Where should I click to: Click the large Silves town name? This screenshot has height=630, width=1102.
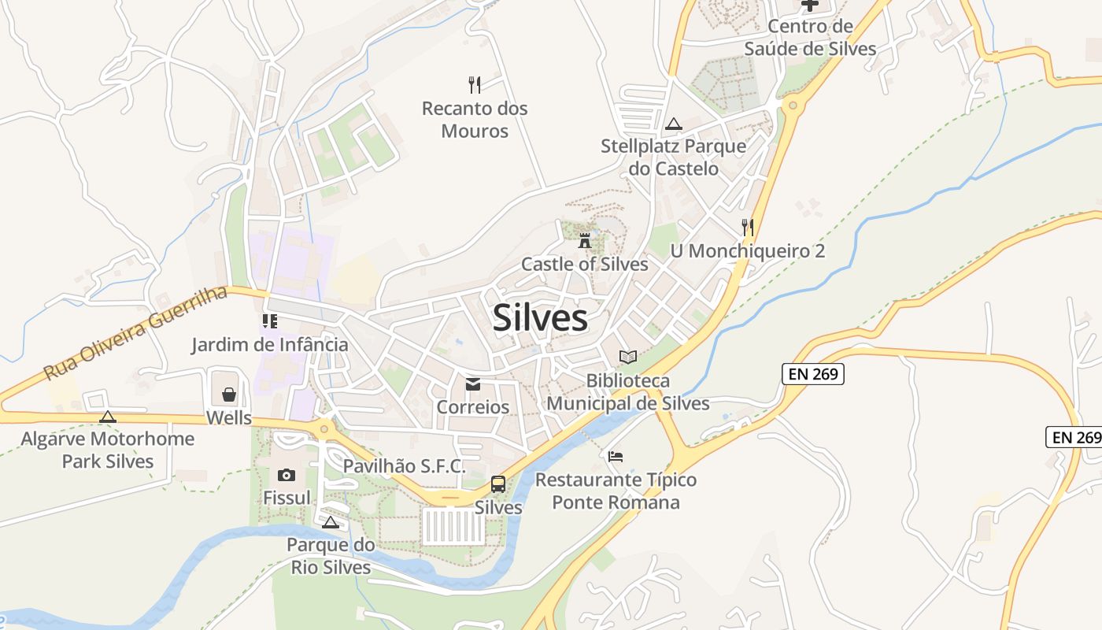(x=540, y=318)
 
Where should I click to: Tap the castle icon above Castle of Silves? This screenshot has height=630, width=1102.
(x=585, y=239)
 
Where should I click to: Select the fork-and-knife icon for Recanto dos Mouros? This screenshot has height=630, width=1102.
(x=475, y=84)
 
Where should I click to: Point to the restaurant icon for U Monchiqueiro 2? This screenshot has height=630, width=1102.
(x=748, y=228)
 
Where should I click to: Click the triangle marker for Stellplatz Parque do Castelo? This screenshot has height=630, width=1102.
(x=673, y=124)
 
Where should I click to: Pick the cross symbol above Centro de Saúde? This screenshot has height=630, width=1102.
(x=810, y=5)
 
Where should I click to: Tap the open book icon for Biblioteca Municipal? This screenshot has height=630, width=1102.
(x=628, y=358)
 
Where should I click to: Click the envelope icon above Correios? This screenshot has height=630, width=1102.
(x=472, y=384)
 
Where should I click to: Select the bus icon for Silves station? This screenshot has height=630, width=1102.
(x=498, y=484)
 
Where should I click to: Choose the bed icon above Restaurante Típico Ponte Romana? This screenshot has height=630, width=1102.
(x=616, y=456)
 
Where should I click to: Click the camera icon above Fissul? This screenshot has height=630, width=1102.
(x=286, y=475)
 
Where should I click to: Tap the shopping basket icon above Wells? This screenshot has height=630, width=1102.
(x=229, y=394)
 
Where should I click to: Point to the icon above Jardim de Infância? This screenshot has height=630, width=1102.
(x=270, y=321)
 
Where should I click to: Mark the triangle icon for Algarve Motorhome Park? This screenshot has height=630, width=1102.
(x=108, y=416)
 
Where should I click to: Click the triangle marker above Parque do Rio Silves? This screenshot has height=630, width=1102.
(x=331, y=522)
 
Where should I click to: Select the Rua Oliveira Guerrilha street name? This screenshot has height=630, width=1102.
(x=135, y=333)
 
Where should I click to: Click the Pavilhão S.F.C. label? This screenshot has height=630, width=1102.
(x=404, y=466)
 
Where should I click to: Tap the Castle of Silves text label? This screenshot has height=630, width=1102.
(x=585, y=264)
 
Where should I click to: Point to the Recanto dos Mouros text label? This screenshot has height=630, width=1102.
(x=475, y=119)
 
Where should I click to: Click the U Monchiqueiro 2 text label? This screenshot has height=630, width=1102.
(x=748, y=251)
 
